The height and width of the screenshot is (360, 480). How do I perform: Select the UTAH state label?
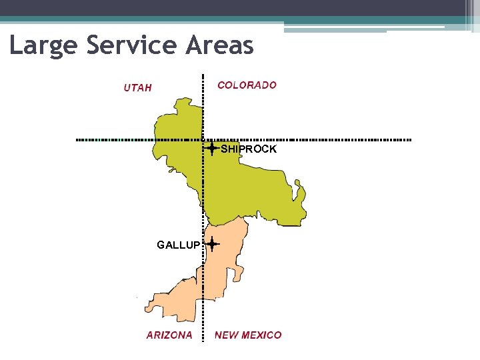138,87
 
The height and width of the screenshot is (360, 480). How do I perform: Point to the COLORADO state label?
247,85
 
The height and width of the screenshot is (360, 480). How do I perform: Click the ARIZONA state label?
169,335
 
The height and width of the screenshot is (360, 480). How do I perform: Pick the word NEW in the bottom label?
226,335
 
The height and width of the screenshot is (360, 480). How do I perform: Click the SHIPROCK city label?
249,149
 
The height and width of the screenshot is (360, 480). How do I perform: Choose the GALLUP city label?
178,245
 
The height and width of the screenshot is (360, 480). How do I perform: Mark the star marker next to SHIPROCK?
211,149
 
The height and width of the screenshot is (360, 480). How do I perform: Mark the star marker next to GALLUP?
211,245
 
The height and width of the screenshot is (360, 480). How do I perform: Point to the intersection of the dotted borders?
203,140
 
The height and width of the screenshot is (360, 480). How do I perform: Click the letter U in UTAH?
127,87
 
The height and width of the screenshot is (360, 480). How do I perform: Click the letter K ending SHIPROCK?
273,149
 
